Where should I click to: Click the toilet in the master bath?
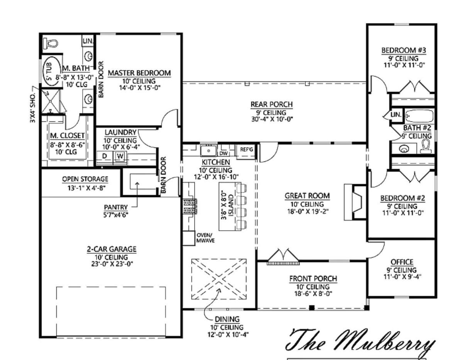point(51,43)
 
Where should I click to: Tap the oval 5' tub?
point(52,71)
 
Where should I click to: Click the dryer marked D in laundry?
point(105,156)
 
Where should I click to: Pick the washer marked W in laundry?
point(120,156)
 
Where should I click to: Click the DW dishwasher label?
point(223,153)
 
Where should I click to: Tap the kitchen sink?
point(208,150)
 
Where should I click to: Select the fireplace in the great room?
point(355,202)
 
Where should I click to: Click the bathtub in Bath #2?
point(419,116)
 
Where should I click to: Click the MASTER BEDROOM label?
point(139,73)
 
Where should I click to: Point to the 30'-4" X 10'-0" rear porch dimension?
point(272,119)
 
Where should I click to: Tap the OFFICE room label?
point(402,262)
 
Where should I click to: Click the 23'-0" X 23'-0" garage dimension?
point(112,263)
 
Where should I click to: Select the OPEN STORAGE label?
point(85,179)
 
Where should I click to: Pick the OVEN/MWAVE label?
point(205,238)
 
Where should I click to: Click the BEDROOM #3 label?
point(403,50)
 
